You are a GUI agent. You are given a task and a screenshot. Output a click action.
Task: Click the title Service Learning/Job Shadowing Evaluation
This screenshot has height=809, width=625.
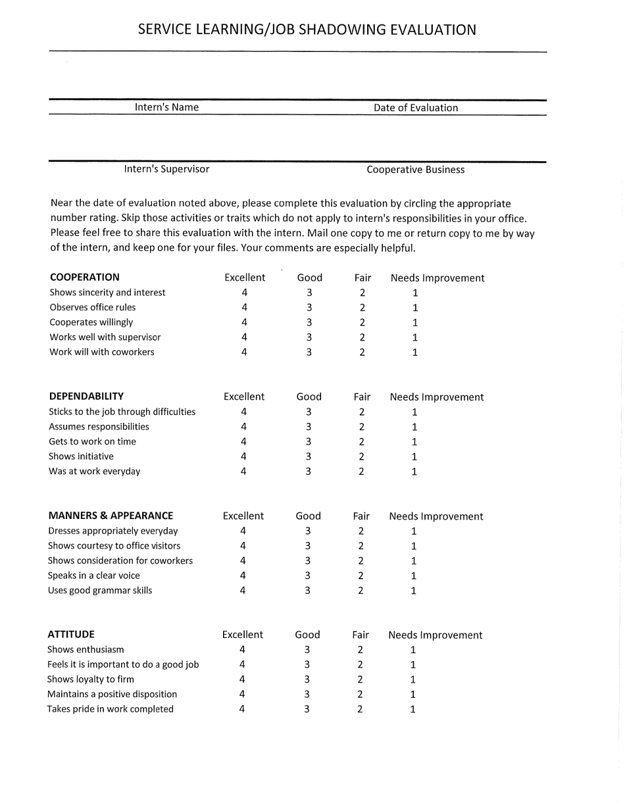pos(307,30)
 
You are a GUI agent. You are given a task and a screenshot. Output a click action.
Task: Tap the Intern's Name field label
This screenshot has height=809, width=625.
pos(166,107)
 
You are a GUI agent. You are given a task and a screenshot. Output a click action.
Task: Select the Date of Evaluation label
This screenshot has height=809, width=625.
pos(416,108)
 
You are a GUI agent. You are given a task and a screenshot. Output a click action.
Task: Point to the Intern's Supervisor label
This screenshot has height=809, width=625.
pos(166,169)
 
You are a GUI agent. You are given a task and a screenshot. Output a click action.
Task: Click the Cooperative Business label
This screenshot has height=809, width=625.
pos(415,170)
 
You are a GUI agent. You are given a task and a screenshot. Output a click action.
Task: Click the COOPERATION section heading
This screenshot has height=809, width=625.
pos(85,277)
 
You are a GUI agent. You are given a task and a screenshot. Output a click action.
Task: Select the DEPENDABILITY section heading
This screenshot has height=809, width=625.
pos(86,396)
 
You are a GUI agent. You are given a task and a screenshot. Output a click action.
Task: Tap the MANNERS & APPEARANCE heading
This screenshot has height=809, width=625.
pos(111,516)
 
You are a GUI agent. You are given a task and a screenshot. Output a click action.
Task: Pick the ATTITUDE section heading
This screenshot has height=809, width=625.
pos(71,634)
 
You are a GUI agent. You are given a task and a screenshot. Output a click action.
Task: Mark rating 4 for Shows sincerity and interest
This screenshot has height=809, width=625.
pos(244,293)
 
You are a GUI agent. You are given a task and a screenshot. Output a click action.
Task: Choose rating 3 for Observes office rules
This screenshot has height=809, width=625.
pos(309,307)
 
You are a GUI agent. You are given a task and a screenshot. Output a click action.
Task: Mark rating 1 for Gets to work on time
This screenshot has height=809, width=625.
pos(414,441)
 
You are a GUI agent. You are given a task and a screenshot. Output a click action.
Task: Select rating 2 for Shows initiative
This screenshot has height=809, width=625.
pos(361,456)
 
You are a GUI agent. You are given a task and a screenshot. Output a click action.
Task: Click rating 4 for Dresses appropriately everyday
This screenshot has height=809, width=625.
pos(243,531)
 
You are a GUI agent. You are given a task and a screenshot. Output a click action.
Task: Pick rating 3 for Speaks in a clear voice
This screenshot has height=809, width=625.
pos(308,576)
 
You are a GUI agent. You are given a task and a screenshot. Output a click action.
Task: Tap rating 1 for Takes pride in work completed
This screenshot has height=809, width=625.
pos(413,709)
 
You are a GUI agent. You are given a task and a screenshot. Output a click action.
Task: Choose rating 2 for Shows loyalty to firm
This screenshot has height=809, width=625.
pos(360,679)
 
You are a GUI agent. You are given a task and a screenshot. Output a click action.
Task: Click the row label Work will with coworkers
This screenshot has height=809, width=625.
pos(102,352)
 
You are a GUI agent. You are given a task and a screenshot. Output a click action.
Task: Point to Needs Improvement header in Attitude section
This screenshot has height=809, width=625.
pos(435,635)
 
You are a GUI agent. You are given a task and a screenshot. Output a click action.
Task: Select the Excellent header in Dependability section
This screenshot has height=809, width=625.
pos(243,397)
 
